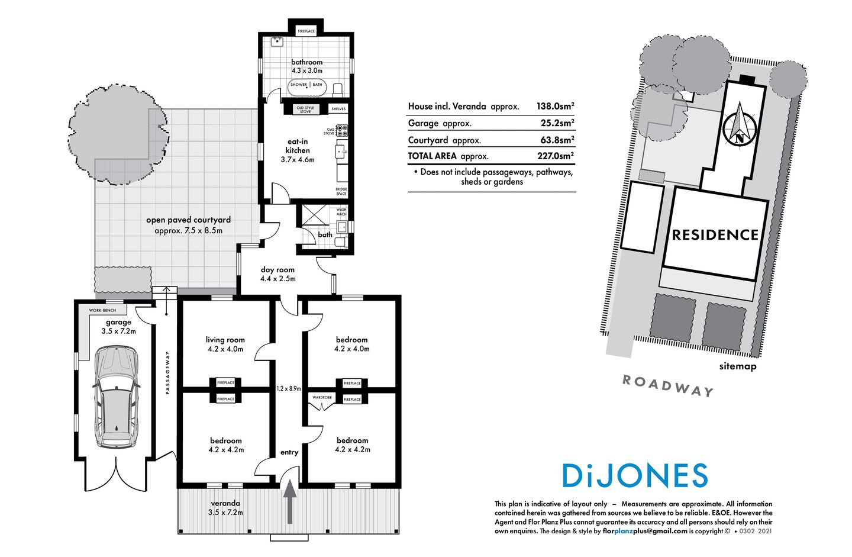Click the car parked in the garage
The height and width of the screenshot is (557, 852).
(117, 397)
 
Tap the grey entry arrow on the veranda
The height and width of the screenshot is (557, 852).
(290, 502)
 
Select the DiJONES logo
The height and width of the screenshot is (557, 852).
(634, 475)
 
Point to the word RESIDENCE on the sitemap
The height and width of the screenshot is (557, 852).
(715, 235)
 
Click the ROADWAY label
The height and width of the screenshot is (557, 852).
(668, 385)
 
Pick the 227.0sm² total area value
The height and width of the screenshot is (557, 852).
(555, 156)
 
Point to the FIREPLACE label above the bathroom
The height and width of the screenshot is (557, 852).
(306, 31)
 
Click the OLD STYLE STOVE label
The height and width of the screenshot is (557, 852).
(305, 110)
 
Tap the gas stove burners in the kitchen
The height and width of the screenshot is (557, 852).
(342, 130)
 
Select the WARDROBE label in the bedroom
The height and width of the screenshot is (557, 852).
(322, 398)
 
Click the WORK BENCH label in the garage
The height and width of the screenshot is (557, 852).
(102, 310)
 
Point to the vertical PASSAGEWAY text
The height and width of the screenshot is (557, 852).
(168, 373)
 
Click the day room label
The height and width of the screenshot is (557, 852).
(277, 273)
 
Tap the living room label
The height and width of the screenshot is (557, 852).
(225, 344)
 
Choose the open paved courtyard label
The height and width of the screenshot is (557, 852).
(188, 225)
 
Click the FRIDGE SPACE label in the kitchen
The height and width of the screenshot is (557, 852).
(341, 191)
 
